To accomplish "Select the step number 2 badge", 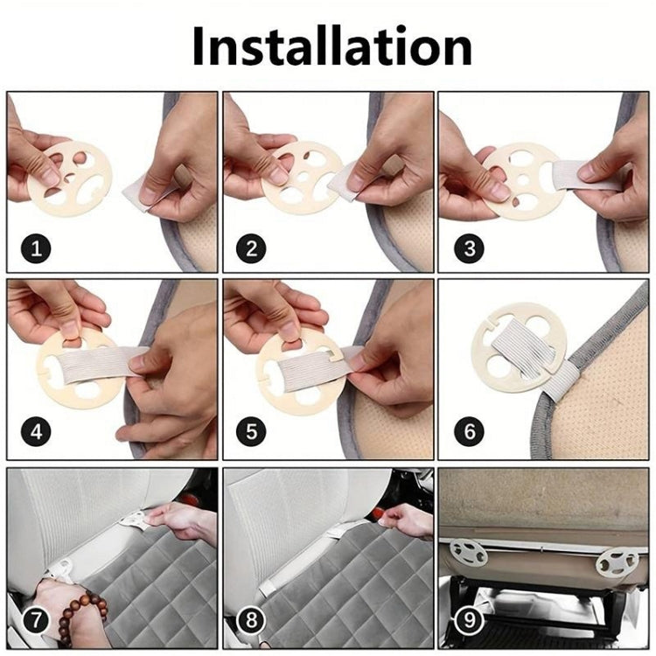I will point(252,248).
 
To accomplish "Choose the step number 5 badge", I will point(252,432).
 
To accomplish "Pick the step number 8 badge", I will point(252,621).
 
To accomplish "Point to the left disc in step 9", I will point(471,553).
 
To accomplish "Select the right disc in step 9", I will point(618,561).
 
